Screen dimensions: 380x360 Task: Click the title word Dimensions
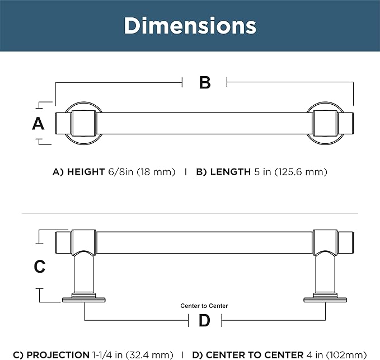190,26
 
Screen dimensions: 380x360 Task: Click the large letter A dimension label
38,124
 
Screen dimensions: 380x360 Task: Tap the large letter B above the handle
205,83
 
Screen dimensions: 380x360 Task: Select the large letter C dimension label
40,267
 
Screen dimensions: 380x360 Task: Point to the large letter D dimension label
204,320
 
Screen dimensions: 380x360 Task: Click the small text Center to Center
204,306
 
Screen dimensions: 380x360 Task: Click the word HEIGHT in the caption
86,172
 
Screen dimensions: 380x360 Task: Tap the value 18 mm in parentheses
156,172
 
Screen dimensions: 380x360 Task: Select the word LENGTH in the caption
230,172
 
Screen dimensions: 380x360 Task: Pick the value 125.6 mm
301,172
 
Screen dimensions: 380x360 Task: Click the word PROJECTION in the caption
58,355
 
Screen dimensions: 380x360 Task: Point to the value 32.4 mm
149,355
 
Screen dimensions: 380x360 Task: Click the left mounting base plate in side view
84,299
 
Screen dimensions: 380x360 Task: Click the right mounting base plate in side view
325,299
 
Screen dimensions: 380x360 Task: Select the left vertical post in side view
84,272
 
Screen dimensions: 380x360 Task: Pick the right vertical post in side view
325,272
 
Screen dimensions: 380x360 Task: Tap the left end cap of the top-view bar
63,123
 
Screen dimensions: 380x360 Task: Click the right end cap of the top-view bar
345,123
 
